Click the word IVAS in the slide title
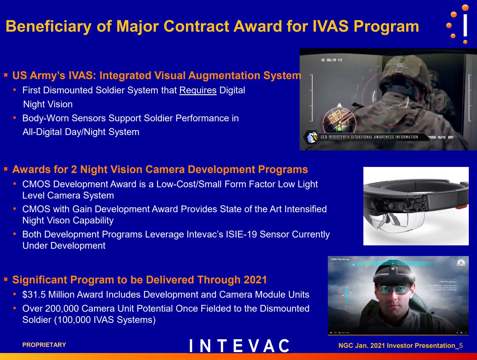click(330, 26)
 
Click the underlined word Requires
click(198, 90)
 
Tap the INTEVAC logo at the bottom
click(239, 346)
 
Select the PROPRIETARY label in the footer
click(44, 345)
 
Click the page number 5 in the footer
click(461, 346)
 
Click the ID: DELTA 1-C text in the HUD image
click(331, 60)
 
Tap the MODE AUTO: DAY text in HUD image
click(441, 137)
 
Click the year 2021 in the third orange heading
click(254, 280)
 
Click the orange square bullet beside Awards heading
click(6, 169)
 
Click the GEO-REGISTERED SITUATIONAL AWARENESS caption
click(369, 137)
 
